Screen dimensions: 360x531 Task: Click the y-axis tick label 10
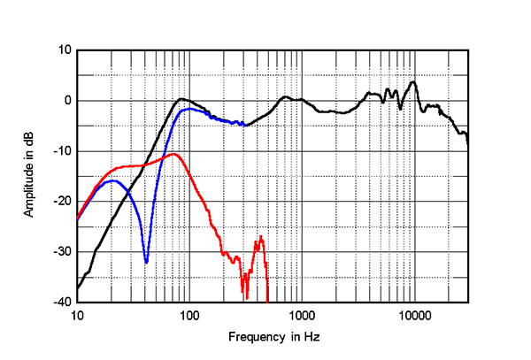65,50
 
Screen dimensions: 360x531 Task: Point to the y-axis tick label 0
67,100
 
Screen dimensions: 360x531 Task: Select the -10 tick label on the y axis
63,150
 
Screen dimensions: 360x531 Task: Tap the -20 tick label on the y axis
63,201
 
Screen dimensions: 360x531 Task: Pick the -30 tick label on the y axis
63,251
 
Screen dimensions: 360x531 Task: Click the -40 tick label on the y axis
63,302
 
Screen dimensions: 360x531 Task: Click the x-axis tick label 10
77,315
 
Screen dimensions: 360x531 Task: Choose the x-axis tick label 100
189,315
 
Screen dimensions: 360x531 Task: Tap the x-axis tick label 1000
302,315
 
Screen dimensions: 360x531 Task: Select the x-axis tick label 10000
413,315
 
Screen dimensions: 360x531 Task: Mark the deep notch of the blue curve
146,262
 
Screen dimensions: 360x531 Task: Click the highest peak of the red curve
174,154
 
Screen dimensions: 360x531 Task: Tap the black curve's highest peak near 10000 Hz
412,81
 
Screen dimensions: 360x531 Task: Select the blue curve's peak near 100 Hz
189,109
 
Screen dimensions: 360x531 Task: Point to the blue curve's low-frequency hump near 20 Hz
113,180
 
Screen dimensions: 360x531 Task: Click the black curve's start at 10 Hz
78,288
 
